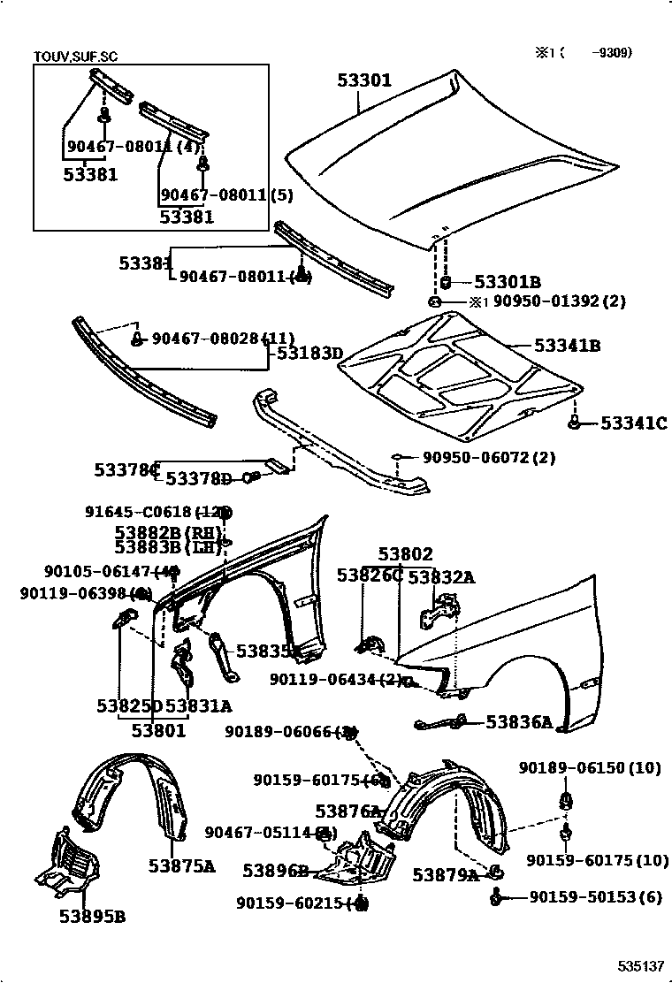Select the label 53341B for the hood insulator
(567, 346)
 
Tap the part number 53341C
(633, 424)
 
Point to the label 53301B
(507, 282)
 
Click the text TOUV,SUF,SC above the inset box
(75, 57)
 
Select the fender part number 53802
(406, 554)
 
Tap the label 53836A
(518, 722)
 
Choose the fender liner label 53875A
(181, 865)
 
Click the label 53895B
(92, 917)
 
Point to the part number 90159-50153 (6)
(595, 897)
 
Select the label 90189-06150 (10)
(589, 768)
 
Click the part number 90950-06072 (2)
(488, 458)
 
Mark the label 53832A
(441, 577)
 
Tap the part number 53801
(159, 730)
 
